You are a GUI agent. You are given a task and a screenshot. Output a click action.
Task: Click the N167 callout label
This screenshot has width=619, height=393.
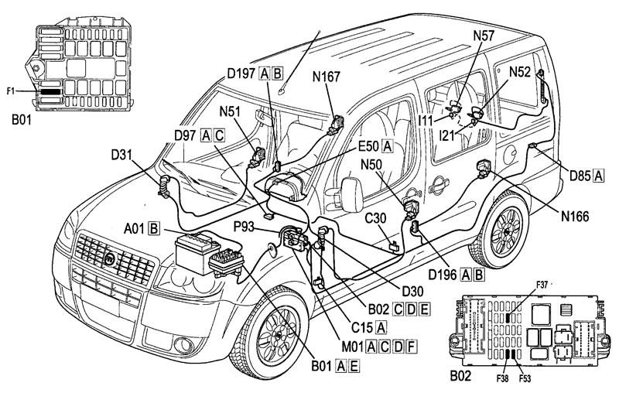[x=326, y=76]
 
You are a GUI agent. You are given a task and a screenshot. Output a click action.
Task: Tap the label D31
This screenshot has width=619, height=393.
[x=121, y=155]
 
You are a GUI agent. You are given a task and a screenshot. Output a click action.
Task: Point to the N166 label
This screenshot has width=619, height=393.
[x=575, y=216]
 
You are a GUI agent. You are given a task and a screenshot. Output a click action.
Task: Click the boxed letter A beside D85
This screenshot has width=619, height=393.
[x=598, y=175]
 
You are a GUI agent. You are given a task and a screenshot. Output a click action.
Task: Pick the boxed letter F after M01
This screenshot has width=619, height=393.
[x=411, y=347]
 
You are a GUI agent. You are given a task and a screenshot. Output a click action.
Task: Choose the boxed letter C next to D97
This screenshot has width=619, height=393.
[x=219, y=135]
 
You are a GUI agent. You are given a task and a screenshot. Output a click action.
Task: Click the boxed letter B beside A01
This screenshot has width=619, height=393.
[x=154, y=228]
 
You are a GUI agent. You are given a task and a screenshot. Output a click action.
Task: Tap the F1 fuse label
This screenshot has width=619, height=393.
[x=10, y=91]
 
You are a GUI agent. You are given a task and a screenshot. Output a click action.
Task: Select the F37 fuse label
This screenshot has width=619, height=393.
[x=542, y=285]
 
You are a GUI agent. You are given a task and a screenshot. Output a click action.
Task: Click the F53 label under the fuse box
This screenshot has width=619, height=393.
[x=525, y=379]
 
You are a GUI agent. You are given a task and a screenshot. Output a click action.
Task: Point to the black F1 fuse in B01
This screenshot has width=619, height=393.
[x=50, y=91]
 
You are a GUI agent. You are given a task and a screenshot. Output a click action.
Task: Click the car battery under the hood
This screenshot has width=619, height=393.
[x=197, y=252]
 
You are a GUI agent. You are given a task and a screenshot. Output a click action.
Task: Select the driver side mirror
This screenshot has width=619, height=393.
[x=352, y=195]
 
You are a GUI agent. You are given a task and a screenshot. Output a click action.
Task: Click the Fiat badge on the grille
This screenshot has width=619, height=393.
[x=109, y=259]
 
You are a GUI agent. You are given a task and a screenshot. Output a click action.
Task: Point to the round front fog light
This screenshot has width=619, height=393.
[x=183, y=346]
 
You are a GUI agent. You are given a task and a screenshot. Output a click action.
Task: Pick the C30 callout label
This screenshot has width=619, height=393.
[x=375, y=219]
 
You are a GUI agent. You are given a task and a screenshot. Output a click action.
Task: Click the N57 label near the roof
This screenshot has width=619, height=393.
[x=484, y=36]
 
